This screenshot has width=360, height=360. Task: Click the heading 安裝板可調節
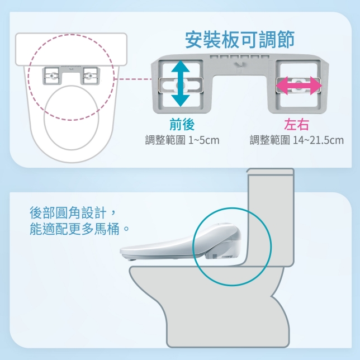pyautogui.click(x=239, y=40)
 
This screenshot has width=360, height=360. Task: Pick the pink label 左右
pyautogui.click(x=296, y=124)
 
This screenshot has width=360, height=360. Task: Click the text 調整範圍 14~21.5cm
pyautogui.click(x=296, y=140)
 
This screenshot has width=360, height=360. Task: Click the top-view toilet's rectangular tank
pyautogui.click(x=71, y=49)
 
